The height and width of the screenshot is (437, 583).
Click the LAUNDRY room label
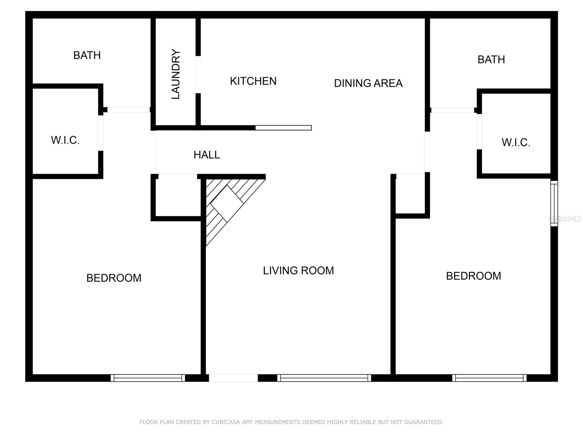click(x=176, y=74)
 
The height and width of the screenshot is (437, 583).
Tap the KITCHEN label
click(x=253, y=81)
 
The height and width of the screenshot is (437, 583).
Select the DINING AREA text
click(x=368, y=83)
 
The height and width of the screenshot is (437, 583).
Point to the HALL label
click(x=207, y=155)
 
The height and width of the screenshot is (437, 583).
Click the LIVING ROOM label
click(x=298, y=271)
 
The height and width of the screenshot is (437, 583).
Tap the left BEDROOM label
click(x=114, y=278)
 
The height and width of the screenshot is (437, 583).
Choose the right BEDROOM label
click(x=473, y=276)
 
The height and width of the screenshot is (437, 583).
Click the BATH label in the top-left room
click(x=87, y=55)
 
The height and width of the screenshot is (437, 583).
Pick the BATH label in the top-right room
click(x=491, y=60)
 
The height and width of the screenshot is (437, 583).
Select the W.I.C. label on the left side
click(x=65, y=140)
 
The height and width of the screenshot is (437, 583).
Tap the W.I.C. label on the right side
click(x=516, y=143)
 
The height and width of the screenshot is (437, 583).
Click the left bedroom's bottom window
click(x=148, y=378)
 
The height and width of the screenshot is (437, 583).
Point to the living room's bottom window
click(x=324, y=378)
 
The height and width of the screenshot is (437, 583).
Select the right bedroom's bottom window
click(x=489, y=378)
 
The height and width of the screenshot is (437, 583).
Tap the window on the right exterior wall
click(x=554, y=204)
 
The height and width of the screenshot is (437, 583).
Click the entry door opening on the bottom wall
click(x=233, y=378)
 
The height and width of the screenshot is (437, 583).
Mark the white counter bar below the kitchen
click(x=283, y=128)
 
